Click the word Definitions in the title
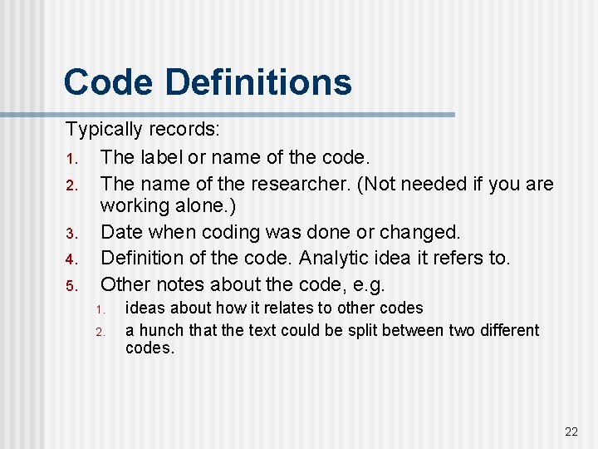[x=257, y=82]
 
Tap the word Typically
[x=104, y=130]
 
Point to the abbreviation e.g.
[x=366, y=285]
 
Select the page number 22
[x=571, y=431]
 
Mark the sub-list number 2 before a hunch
[x=99, y=332]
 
